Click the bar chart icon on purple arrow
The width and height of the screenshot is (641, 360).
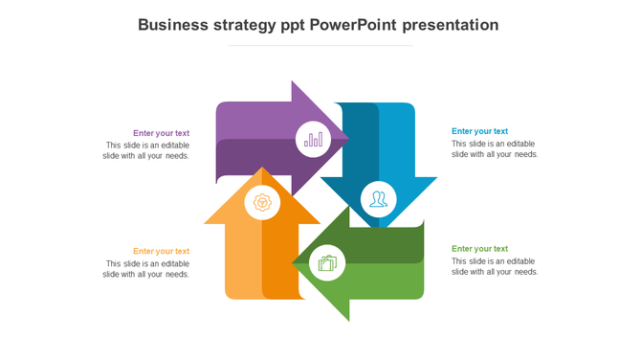[313, 140]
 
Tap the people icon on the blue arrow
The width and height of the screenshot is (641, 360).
[379, 199]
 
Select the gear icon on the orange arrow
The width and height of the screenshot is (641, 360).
[262, 202]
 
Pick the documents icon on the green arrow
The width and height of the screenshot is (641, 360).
[327, 262]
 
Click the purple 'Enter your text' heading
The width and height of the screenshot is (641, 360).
[161, 133]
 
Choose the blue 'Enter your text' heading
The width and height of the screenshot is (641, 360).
[479, 131]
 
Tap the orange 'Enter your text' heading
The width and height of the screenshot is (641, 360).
[161, 251]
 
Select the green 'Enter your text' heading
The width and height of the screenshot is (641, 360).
[479, 249]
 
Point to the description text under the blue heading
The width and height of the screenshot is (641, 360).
[495, 148]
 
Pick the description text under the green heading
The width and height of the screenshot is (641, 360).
[495, 266]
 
